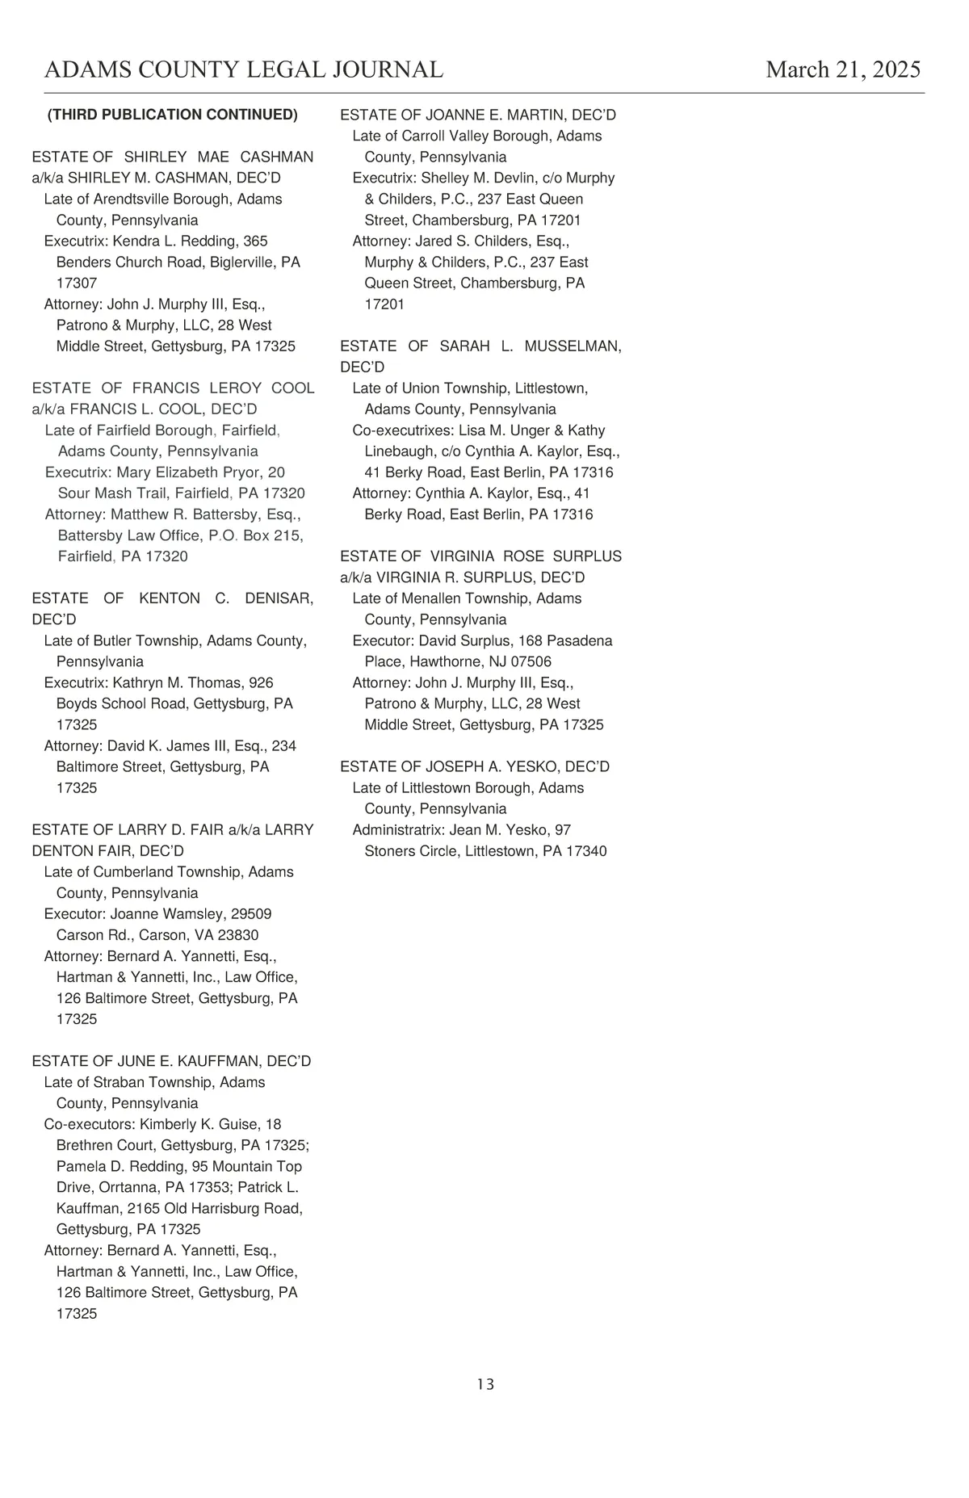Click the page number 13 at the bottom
coord(485,1384)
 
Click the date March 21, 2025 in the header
coord(843,69)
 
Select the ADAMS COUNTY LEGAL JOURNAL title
coord(244,69)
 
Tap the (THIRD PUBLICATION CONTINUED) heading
coord(173,115)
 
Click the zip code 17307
coord(77,283)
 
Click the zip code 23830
coord(238,935)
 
